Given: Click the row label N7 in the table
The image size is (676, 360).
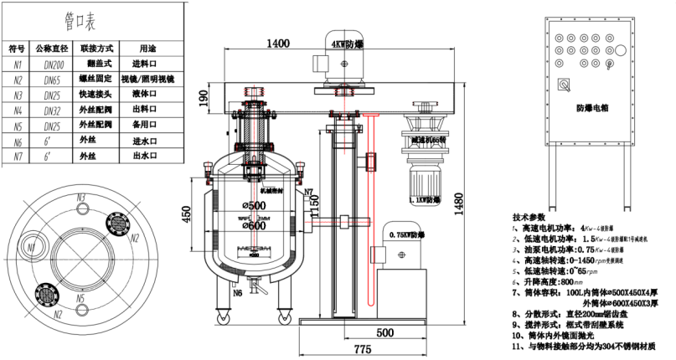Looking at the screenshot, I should [x=15, y=156].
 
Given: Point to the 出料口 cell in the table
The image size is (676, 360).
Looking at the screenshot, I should [x=147, y=109].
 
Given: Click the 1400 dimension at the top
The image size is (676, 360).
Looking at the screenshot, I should [x=279, y=44].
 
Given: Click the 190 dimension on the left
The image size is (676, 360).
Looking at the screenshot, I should [x=202, y=100].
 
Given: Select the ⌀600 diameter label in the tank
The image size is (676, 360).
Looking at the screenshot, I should [x=255, y=225].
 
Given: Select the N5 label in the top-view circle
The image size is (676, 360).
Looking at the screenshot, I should [x=80, y=297].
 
